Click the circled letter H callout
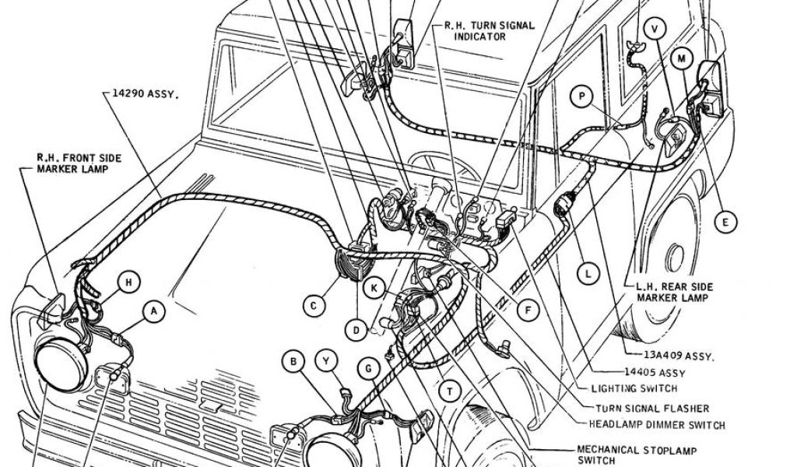coord(129,281)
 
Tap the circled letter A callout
coord(154,312)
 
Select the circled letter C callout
coord(313,306)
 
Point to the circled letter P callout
coord(581,97)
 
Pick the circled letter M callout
coord(682,59)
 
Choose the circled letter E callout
coord(725,223)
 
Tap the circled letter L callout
coord(589,273)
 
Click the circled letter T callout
coord(449,391)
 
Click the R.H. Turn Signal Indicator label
coord(490,30)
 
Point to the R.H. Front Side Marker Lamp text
coord(79,163)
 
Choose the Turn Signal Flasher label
coord(652,407)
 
